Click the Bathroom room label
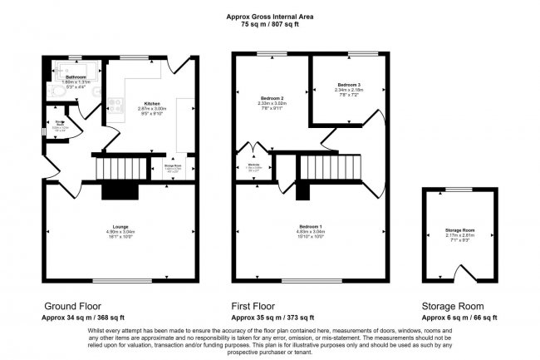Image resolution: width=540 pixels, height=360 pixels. click(x=76, y=76)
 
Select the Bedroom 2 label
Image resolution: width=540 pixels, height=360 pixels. click(x=268, y=98)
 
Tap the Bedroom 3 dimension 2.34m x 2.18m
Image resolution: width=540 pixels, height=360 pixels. click(x=348, y=91)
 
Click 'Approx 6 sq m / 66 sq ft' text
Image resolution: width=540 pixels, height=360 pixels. click(x=459, y=318)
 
